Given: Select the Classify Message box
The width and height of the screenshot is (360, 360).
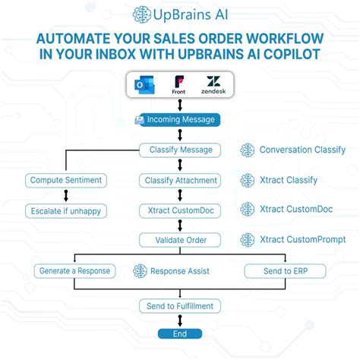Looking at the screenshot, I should (x=180, y=150).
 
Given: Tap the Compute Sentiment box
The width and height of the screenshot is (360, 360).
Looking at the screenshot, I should (x=65, y=180).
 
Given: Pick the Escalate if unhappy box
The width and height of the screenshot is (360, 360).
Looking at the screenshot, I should (x=65, y=210).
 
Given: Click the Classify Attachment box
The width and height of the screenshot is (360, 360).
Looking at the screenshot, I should (x=180, y=180).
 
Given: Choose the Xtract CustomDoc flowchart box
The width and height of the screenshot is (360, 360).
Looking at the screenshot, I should (x=180, y=210).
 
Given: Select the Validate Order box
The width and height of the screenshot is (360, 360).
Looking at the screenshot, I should (x=180, y=240).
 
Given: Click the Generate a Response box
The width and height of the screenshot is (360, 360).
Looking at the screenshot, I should (x=73, y=270).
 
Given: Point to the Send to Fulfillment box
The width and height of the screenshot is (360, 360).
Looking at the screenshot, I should (x=180, y=306).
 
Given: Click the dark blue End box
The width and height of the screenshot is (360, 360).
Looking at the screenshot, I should (x=180, y=333).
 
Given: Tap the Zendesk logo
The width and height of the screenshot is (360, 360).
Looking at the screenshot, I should (x=214, y=84).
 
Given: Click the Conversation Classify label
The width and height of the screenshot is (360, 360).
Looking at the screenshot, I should (x=302, y=150).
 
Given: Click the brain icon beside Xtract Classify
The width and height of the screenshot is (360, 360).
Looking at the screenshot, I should (x=247, y=180).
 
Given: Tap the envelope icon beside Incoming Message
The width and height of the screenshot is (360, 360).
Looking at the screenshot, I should (x=139, y=120).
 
